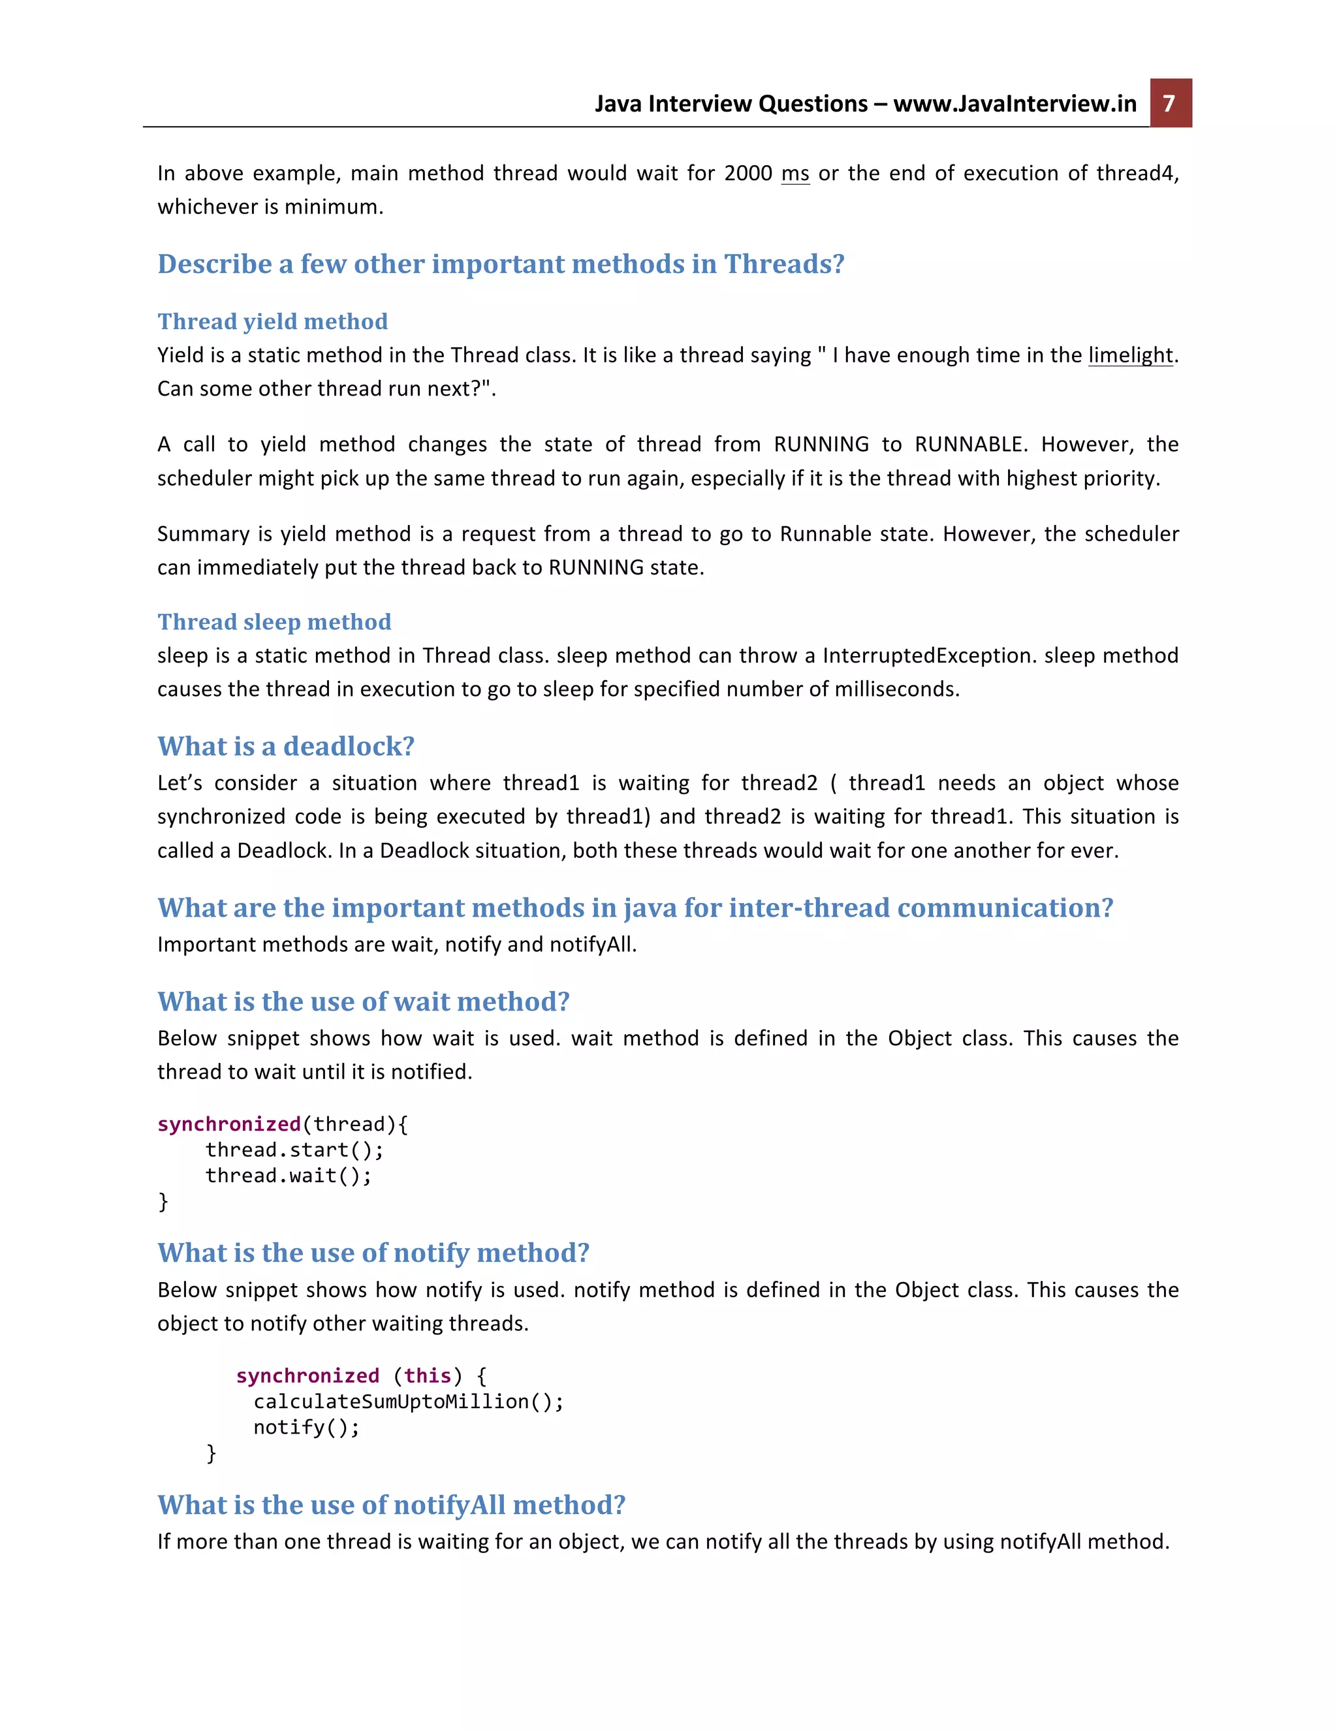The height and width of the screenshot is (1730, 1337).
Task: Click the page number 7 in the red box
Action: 1170,104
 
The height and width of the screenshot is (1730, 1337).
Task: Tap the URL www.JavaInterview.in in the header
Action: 1015,104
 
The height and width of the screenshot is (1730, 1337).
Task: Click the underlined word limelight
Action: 1130,355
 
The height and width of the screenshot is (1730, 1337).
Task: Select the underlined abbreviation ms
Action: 795,174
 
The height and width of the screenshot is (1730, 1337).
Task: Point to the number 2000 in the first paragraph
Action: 747,174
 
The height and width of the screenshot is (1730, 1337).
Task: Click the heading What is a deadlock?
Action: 286,746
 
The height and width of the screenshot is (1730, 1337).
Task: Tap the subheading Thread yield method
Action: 272,322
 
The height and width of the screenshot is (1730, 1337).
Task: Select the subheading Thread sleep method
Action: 274,621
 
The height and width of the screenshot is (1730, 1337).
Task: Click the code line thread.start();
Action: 294,1150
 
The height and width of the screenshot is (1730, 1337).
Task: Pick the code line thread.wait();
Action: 289,1176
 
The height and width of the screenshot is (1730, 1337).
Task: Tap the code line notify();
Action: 307,1427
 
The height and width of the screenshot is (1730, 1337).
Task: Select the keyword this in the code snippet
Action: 428,1376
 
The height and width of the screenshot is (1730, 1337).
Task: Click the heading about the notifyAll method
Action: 391,1505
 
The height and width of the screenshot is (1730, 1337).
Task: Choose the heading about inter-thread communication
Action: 635,908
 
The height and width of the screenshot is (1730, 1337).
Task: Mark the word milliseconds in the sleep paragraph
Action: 894,689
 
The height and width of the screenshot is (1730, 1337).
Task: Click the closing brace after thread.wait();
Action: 163,1202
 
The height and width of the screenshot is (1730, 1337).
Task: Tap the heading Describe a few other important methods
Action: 501,264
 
